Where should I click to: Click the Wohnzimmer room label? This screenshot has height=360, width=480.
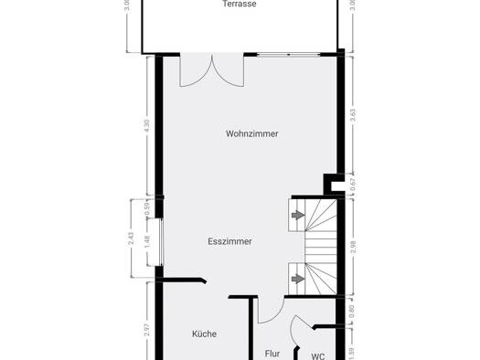tap(252, 133)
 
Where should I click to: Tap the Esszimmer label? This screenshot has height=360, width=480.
tap(229, 241)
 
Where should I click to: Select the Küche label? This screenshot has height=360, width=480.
tap(204, 334)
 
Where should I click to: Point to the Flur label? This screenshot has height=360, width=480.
tap(272, 354)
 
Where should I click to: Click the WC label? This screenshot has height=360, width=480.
tap(318, 356)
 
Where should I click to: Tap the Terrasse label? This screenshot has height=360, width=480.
tap(240, 4)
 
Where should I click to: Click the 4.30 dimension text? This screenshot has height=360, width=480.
tap(147, 125)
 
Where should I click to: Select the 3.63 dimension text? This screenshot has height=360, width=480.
tap(353, 115)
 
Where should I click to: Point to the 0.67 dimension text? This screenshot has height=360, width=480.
tap(353, 185)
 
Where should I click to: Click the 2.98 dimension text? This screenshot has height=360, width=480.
tap(353, 247)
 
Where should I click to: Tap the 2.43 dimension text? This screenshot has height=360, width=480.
tap(131, 238)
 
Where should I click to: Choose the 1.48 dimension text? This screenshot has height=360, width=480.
tap(147, 242)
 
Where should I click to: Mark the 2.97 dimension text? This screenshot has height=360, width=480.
tap(147, 330)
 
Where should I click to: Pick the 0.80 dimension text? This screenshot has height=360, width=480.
tap(352, 311)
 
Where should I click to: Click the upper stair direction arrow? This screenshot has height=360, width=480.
tap(298, 216)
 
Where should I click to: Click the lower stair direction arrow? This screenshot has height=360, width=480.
tap(298, 279)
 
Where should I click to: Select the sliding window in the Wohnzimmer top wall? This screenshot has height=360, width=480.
tap(288, 55)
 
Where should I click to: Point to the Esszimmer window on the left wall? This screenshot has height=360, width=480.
tap(161, 242)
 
